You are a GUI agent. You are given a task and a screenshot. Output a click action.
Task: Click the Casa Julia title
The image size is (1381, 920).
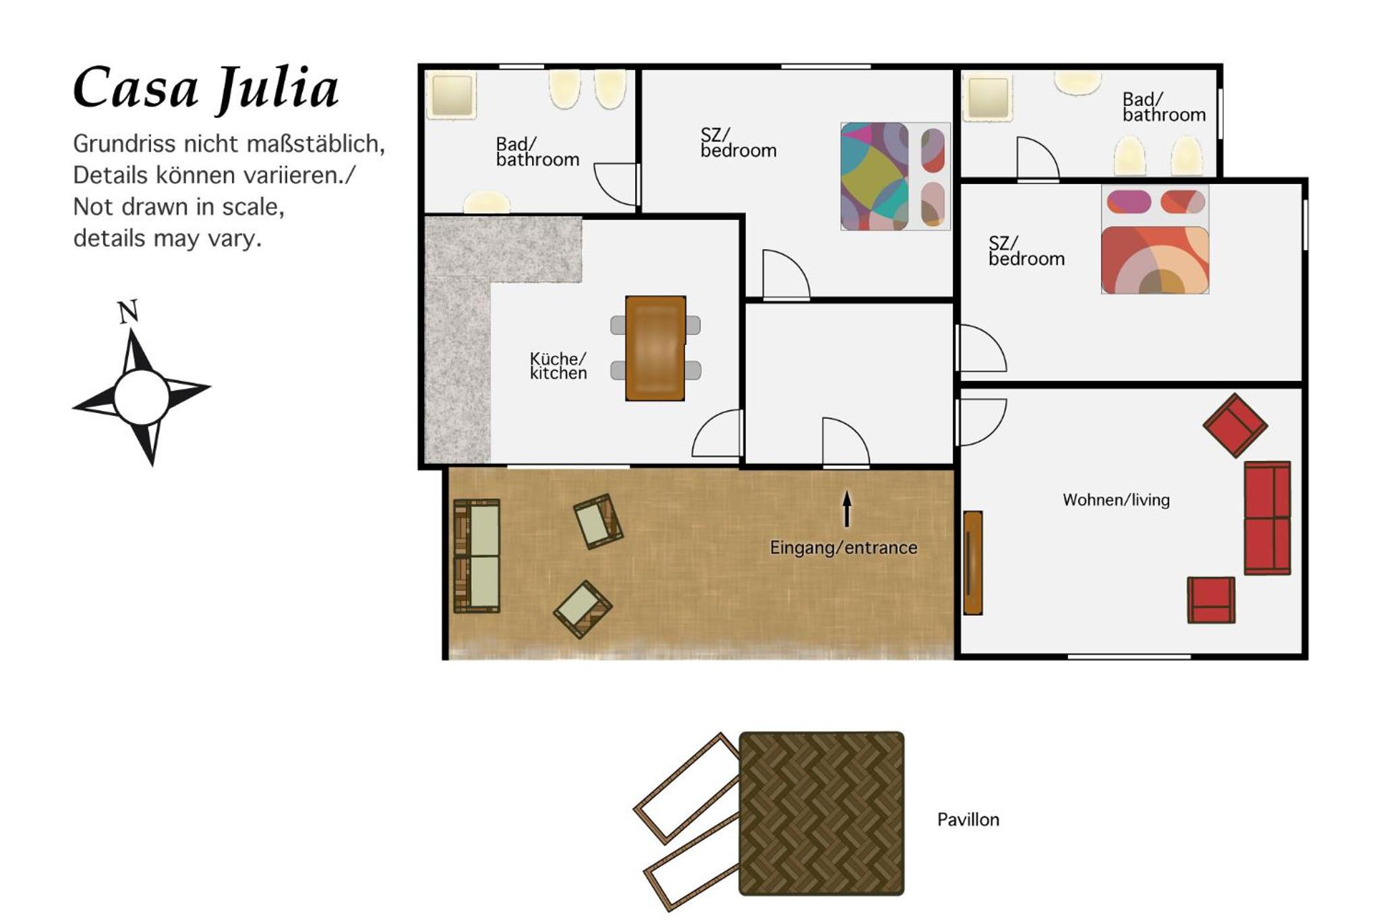(206, 88)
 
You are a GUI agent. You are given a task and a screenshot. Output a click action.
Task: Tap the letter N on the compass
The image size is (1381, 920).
(128, 311)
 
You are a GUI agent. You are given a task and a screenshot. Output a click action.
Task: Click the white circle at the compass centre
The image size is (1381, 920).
(142, 398)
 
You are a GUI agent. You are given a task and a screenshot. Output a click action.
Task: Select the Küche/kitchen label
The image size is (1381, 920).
(558, 366)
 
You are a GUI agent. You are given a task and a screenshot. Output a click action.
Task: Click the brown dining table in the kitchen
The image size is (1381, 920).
(655, 348)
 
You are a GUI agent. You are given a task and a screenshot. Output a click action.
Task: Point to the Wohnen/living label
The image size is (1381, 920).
(1116, 500)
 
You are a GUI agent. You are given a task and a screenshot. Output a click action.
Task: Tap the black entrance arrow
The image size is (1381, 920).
(847, 509)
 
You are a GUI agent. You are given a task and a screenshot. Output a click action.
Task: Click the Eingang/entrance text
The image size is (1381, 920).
(844, 547)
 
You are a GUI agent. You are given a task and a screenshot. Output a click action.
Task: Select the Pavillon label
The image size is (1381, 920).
(968, 820)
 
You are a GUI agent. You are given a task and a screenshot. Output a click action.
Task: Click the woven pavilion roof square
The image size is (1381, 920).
(822, 814)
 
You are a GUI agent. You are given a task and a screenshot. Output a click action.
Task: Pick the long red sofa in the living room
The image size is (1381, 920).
(1268, 518)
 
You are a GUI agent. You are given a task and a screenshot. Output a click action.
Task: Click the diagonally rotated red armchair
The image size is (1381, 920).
(1235, 425)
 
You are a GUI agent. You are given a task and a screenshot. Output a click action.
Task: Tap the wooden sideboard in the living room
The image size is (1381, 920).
(973, 563)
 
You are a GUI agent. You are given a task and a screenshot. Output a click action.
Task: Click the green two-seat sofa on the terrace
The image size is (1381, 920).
(477, 556)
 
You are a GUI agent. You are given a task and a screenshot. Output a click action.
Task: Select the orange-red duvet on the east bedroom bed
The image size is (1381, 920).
(1155, 260)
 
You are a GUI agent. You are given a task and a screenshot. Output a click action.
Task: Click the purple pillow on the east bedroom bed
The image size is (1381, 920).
(1129, 202)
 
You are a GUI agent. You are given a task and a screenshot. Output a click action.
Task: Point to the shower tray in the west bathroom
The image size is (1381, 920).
(451, 95)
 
